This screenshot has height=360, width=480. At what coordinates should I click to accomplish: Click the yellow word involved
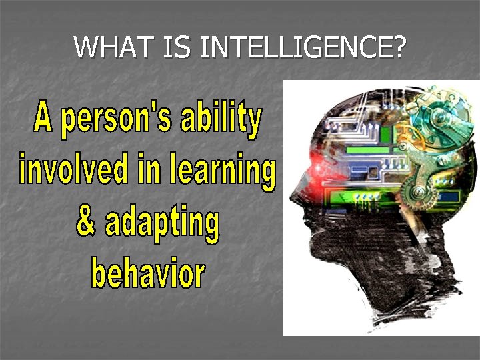click(x=74, y=169)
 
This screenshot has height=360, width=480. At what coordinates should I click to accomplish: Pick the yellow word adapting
click(x=161, y=225)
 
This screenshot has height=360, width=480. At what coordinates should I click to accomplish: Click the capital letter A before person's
click(x=44, y=119)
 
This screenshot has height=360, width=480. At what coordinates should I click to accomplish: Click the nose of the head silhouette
click(x=293, y=197)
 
